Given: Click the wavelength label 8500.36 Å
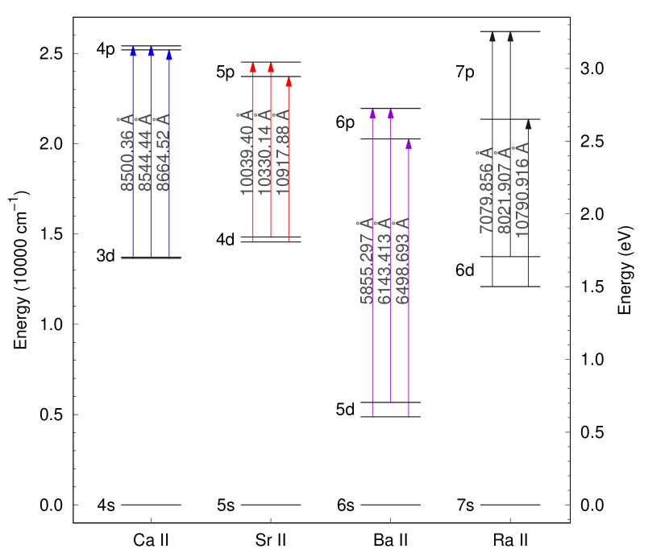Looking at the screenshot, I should [127, 153].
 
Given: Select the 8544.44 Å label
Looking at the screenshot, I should [144, 153].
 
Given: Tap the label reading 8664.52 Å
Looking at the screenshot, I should [163, 153].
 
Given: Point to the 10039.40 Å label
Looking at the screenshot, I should [246, 152].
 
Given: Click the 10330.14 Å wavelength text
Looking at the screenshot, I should [264, 152].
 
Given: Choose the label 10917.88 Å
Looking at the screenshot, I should [282, 152].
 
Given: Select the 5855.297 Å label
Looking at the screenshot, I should [366, 261].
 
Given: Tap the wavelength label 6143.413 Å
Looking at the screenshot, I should [384, 261].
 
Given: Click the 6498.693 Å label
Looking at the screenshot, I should [402, 261].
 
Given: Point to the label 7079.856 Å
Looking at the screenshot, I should [485, 191].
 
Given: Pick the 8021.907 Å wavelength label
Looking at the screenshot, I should [504, 191].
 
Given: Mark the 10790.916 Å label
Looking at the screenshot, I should [521, 190].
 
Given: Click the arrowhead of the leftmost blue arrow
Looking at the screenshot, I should [133, 52].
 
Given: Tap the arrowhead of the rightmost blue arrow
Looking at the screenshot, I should [169, 56].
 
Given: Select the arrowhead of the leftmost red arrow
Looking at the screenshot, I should [253, 68].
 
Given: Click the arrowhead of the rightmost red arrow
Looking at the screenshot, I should [289, 81].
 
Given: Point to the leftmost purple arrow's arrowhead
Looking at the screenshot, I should [372, 113].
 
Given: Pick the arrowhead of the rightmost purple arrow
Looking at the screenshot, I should [409, 144].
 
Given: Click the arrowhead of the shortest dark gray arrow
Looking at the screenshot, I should [528, 125].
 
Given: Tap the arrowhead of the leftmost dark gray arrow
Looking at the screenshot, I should [492, 36].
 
